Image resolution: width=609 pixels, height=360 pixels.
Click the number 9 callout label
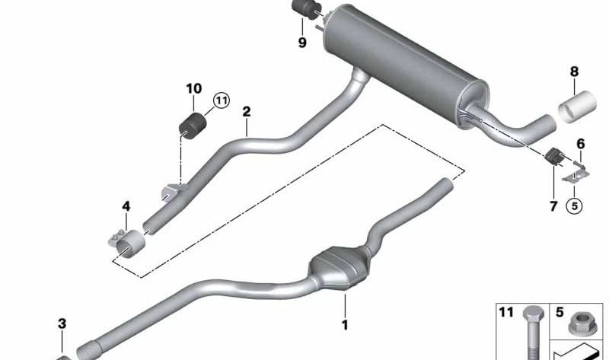(302, 43)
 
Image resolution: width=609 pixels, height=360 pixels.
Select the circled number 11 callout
(222, 101)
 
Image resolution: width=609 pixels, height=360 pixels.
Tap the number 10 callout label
(194, 88)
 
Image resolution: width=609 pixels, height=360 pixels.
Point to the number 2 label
(246, 112)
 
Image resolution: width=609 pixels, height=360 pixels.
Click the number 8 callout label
(574, 72)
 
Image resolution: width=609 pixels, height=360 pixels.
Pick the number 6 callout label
(580, 144)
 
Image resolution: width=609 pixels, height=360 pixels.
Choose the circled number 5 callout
(574, 205)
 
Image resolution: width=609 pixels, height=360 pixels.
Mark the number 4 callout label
(126, 206)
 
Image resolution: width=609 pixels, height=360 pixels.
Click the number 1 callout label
(345, 325)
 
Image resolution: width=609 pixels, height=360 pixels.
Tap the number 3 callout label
(62, 323)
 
